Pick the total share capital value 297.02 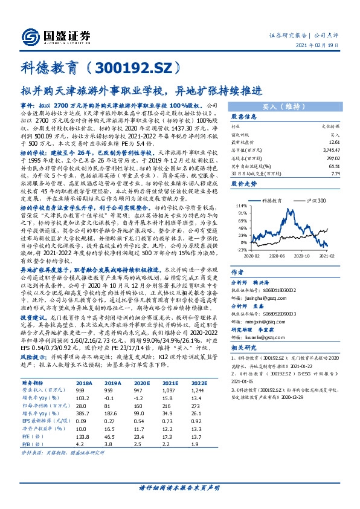(330, 155)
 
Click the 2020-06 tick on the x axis (278, 255)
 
